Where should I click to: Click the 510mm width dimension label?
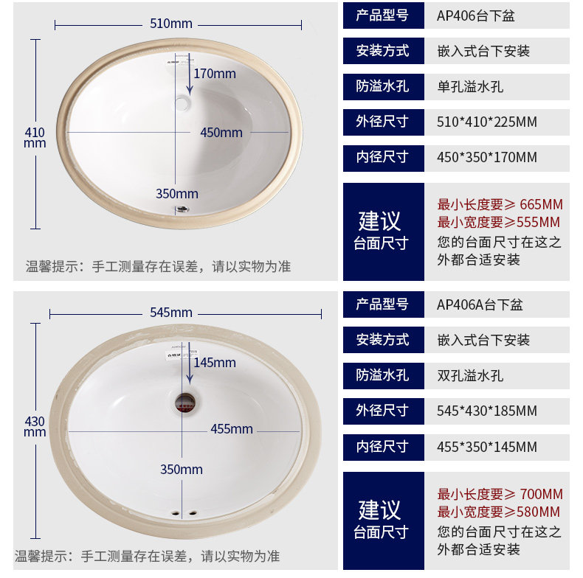click(170, 24)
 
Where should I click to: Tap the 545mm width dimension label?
click(170, 313)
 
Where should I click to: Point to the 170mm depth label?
click(215, 74)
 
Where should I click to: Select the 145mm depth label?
click(215, 363)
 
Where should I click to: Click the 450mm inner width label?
click(221, 133)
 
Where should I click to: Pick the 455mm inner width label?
click(231, 429)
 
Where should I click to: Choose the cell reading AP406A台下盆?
click(479, 304)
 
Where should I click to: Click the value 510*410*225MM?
click(487, 122)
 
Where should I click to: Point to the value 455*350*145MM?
click(487, 447)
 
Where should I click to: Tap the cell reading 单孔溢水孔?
click(470, 86)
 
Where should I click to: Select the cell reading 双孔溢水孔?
click(470, 375)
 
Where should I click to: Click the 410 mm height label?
click(35, 137)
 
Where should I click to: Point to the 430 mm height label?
click(35, 426)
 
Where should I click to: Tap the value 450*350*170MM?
click(487, 157)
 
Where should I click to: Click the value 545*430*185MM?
click(487, 411)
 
